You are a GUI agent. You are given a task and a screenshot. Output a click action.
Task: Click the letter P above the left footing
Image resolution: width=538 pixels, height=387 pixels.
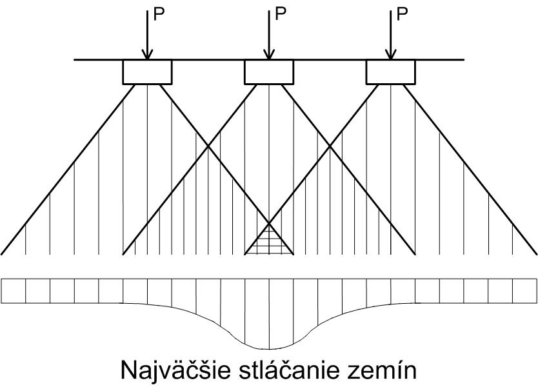click(159, 14)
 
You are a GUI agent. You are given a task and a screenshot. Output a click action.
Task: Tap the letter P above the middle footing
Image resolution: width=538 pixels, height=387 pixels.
click(281, 14)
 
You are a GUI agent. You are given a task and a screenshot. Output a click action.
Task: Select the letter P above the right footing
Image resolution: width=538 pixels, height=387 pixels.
click(402, 14)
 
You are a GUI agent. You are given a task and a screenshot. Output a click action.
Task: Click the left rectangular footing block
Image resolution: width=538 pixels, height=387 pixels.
click(147, 72)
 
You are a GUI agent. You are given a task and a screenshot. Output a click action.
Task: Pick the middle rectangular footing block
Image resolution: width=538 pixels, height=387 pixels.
click(269, 72)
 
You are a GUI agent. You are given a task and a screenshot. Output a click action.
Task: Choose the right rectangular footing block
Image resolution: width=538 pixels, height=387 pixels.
click(391, 72)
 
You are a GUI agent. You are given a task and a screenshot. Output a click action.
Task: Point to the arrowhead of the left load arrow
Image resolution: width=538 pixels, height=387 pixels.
click(147, 55)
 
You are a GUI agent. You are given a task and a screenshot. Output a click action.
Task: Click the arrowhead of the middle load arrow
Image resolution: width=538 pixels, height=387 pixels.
click(269, 55)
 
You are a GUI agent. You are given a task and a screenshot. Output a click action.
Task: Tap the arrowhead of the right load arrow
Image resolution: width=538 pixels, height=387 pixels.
click(390, 55)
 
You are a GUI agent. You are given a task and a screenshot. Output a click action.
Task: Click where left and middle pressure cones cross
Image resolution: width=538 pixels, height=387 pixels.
click(208, 146)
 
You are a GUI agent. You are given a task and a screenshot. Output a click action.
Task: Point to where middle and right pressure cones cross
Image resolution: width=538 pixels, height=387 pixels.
click(330, 146)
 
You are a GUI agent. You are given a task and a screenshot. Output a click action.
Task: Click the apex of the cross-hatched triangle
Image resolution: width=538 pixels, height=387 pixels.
click(269, 224)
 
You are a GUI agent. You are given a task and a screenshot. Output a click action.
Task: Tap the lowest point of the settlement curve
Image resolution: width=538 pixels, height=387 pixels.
click(269, 349)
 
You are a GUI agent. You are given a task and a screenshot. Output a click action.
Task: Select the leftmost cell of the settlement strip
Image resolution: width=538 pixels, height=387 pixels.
click(14, 291)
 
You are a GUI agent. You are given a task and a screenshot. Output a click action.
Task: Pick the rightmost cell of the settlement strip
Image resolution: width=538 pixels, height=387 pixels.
click(525, 291)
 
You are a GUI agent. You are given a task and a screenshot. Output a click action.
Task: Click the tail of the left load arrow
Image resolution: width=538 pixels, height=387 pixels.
click(147, 11)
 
